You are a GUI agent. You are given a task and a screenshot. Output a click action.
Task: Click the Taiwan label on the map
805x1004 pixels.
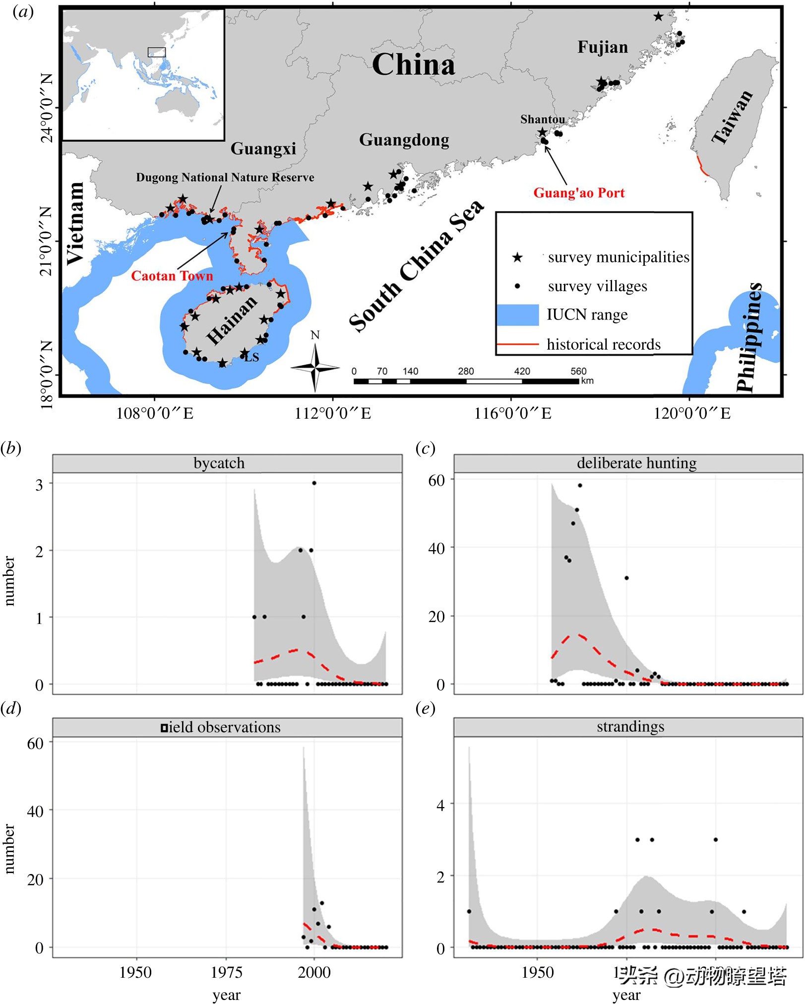(733, 118)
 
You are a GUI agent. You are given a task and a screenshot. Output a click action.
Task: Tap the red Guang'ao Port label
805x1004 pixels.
(579, 193)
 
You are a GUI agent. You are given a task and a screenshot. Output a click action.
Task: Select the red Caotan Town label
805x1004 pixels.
(172, 276)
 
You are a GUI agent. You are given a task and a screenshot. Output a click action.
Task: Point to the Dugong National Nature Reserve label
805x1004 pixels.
(225, 178)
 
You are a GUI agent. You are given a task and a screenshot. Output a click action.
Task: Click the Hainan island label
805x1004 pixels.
(232, 320)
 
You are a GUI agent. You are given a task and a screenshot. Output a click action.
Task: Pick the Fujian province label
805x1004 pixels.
(603, 48)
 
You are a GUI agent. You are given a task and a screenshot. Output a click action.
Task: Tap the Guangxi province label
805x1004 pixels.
(263, 148)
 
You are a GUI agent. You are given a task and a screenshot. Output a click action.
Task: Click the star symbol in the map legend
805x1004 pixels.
(517, 257)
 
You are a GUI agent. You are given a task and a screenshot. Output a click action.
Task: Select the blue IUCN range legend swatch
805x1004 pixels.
(518, 315)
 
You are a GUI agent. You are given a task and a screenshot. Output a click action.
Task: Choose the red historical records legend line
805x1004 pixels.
(518, 344)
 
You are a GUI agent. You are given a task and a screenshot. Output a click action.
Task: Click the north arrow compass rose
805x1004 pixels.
(315, 368)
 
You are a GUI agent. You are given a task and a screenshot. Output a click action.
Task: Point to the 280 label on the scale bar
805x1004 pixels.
(466, 371)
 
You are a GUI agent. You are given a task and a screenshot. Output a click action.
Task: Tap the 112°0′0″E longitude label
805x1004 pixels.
(333, 414)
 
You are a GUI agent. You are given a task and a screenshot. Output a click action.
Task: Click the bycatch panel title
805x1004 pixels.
(219, 463)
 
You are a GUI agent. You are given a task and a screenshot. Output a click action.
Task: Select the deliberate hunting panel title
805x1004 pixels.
(636, 463)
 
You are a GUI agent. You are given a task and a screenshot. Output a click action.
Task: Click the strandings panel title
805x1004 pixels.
(630, 727)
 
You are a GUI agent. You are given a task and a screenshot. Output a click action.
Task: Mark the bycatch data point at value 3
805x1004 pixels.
(314, 483)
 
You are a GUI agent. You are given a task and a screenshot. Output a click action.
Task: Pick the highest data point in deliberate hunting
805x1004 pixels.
(580, 486)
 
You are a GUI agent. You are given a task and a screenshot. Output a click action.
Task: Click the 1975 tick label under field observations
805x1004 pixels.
(227, 973)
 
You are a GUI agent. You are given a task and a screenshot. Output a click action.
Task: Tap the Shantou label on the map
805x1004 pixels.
(543, 120)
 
